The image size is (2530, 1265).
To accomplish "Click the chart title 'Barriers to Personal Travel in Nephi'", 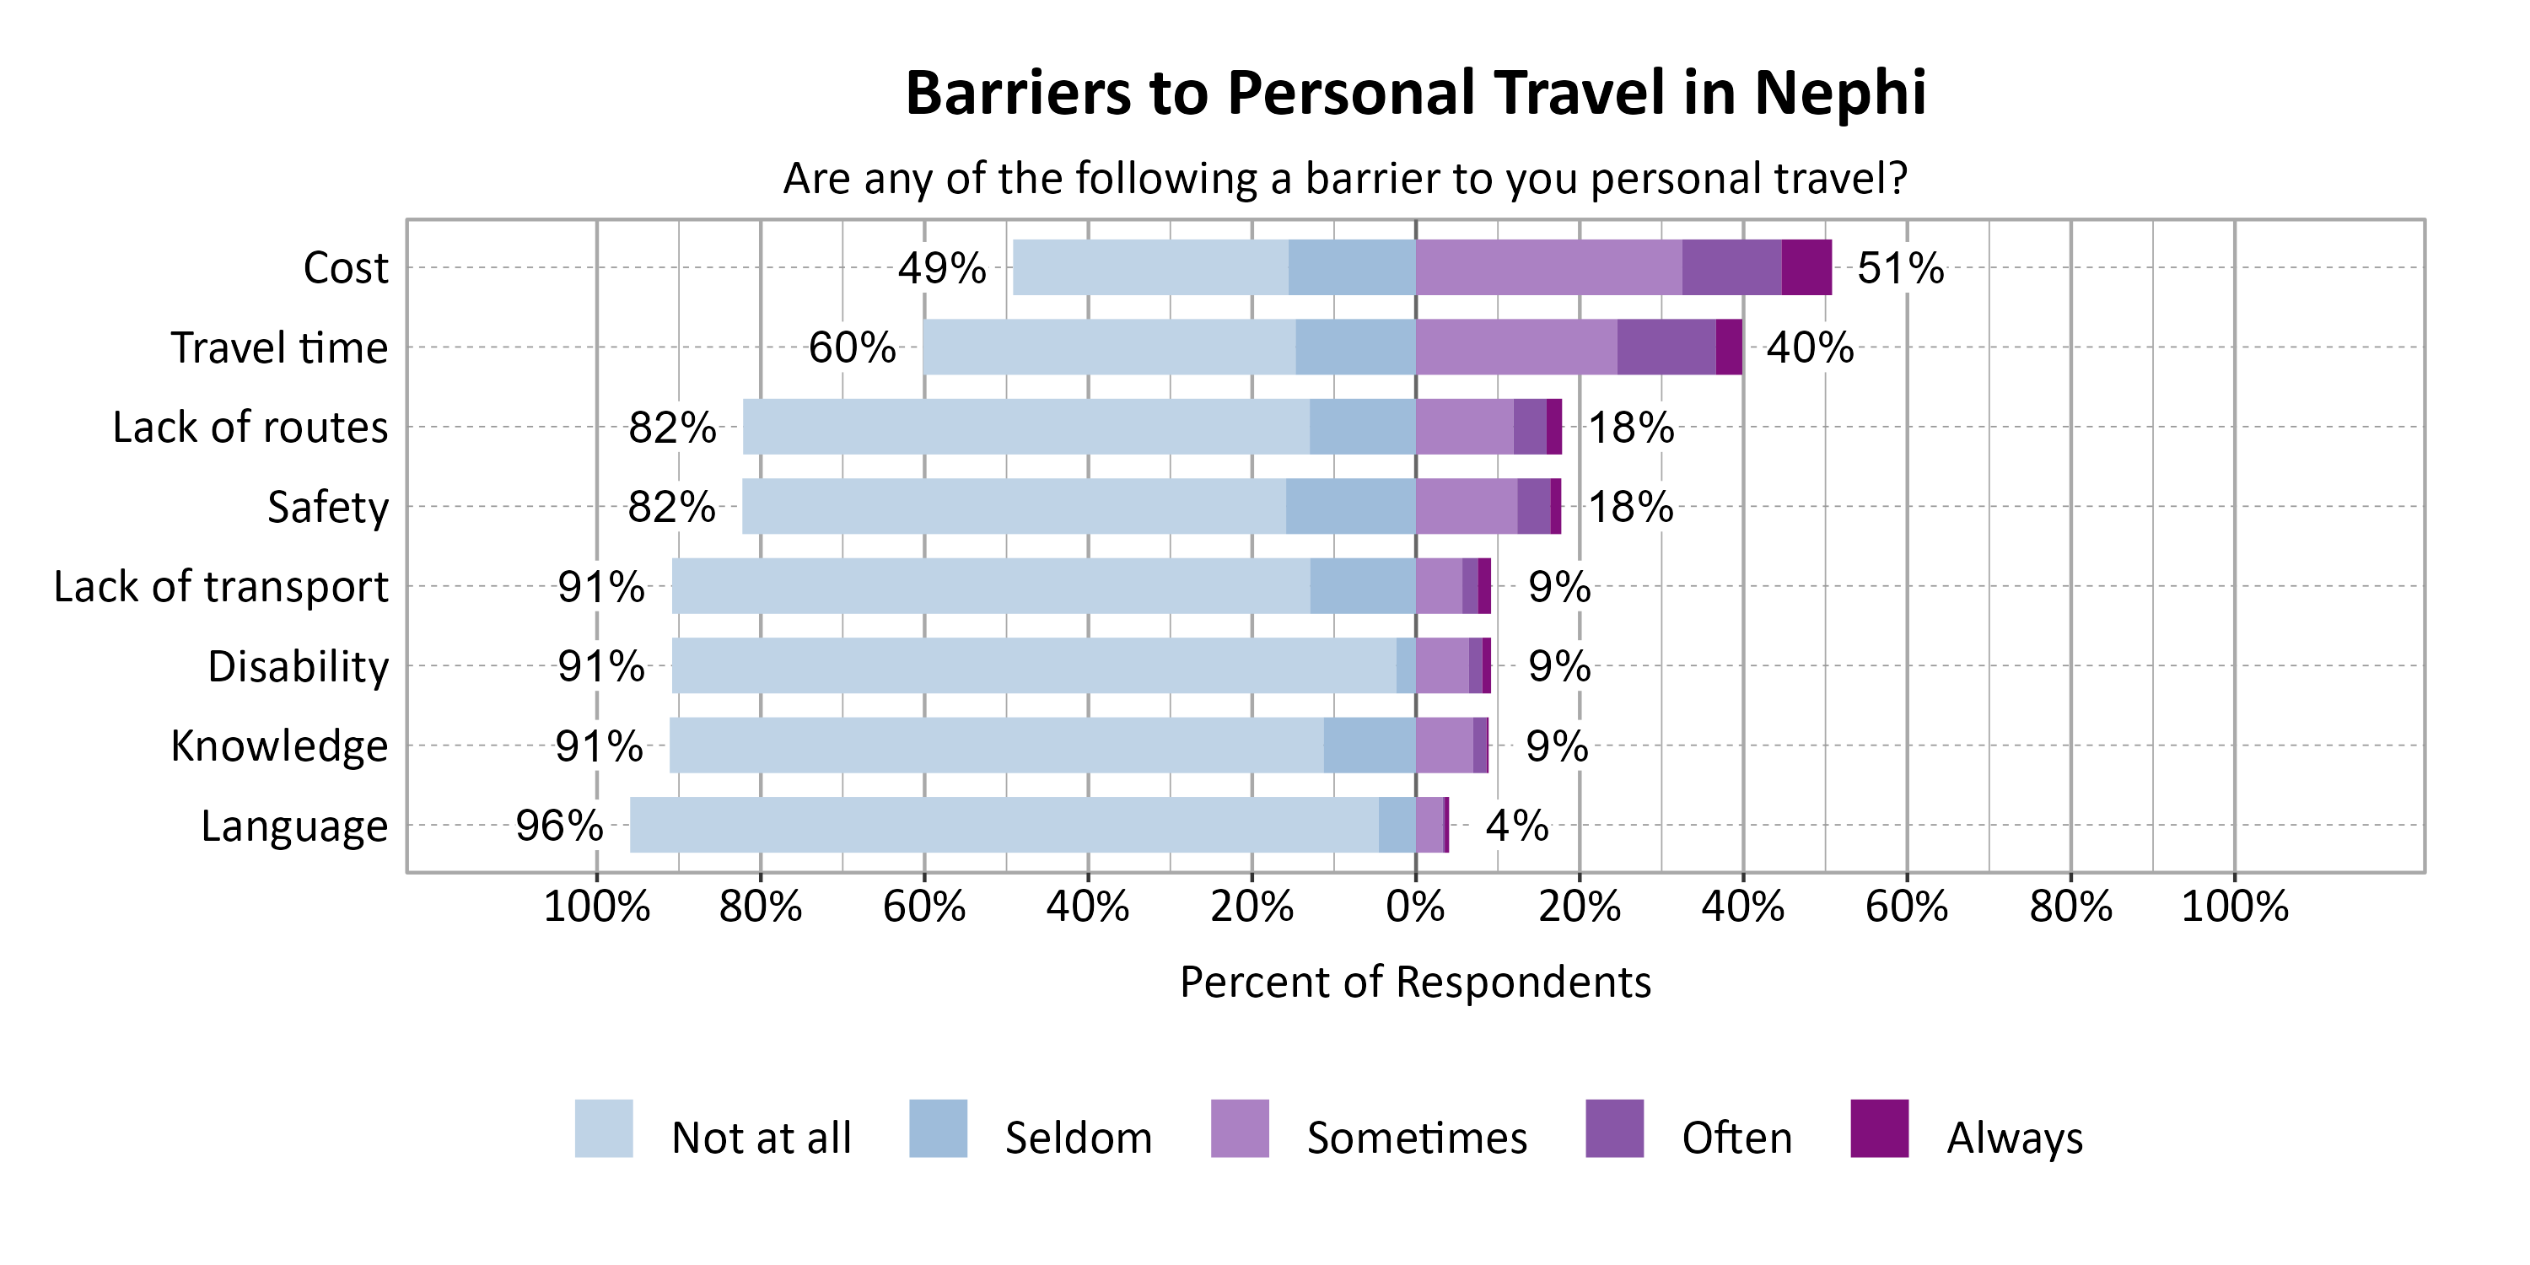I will (x=1414, y=94).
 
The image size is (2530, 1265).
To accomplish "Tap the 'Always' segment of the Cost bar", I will (x=1806, y=267).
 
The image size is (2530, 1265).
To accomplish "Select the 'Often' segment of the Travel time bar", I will (x=1666, y=347).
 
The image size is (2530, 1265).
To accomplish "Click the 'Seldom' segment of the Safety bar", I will (x=1350, y=506).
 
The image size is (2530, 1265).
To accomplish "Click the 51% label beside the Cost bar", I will (x=1899, y=268).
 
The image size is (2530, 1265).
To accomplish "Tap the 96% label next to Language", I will (x=559, y=826).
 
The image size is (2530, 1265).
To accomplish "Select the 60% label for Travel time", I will (x=852, y=347).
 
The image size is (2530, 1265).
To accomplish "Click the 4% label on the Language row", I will (x=1516, y=826).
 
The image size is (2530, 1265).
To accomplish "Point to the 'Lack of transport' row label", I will (x=221, y=587).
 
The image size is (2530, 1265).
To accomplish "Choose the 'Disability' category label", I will (x=298, y=667).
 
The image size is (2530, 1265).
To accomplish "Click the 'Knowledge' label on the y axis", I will (x=279, y=746).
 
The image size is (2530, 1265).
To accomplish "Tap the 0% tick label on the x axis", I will (x=1415, y=907).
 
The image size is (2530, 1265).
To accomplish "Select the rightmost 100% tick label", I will (x=2234, y=907).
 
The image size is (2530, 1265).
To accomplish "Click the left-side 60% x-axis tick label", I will (x=923, y=907).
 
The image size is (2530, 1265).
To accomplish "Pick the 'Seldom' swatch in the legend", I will (x=938, y=1128).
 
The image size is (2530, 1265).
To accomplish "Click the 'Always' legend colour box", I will (x=1879, y=1128).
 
